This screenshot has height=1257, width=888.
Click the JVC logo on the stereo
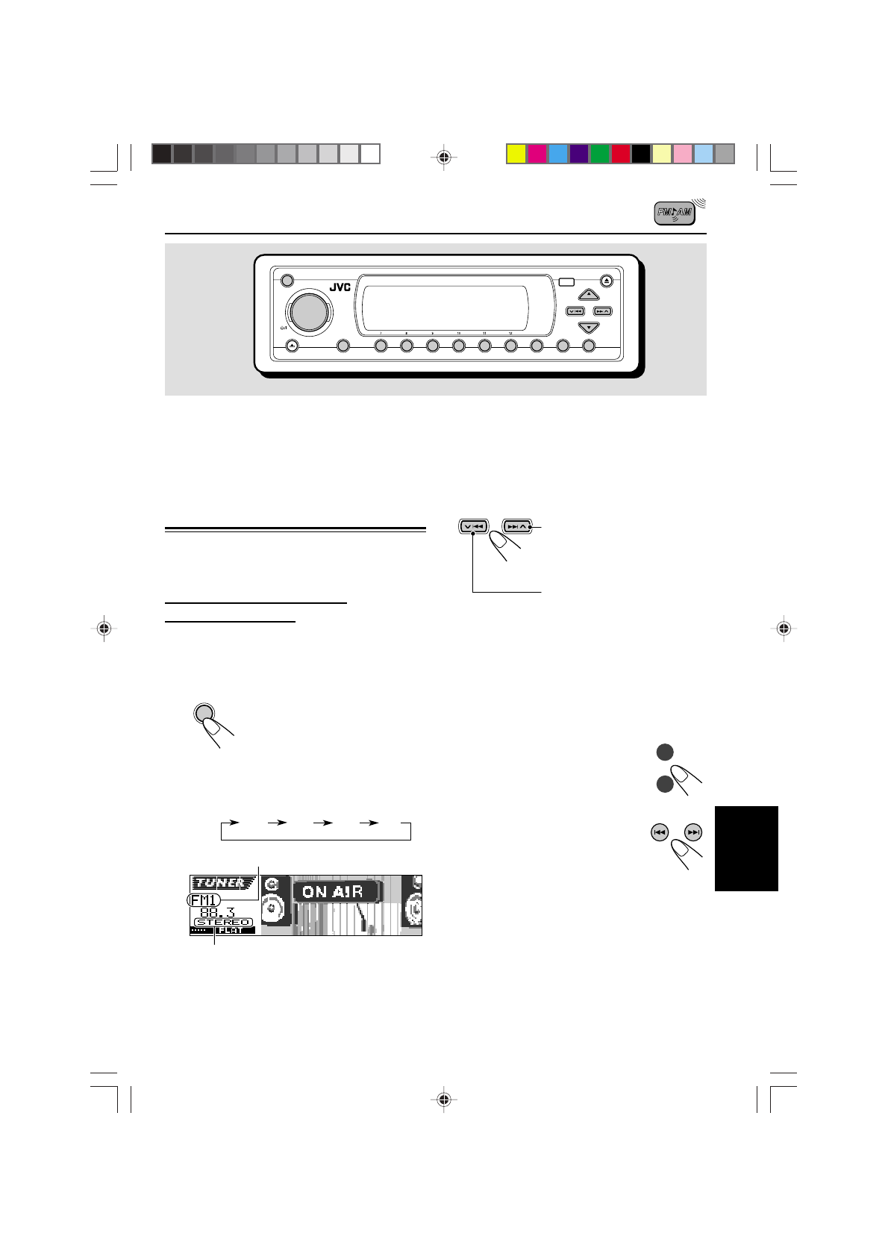click(340, 287)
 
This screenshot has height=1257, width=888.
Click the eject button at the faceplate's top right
click(606, 281)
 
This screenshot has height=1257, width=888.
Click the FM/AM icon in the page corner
click(675, 213)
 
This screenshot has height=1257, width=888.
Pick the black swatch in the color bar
click(641, 154)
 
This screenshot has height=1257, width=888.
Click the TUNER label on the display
click(222, 883)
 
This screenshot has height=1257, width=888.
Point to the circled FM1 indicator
click(204, 901)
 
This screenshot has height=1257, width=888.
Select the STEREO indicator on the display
click(222, 923)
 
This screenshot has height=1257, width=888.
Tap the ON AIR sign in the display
click(333, 891)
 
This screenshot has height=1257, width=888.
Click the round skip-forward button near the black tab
click(693, 832)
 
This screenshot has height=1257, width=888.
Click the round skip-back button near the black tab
click(659, 832)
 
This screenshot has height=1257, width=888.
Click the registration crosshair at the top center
click(444, 157)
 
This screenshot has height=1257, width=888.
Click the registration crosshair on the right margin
click(783, 628)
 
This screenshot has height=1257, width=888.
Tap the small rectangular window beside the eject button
click(566, 282)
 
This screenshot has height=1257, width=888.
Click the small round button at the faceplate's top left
click(287, 281)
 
